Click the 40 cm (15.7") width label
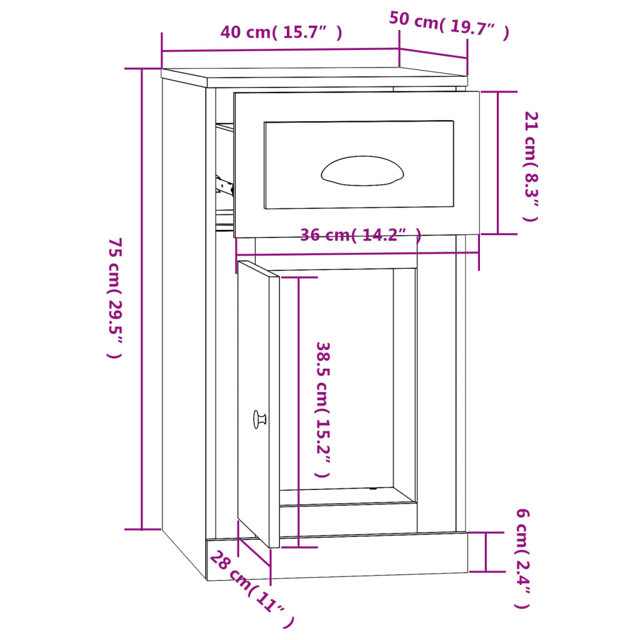(x=281, y=32)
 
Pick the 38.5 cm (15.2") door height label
(x=322, y=409)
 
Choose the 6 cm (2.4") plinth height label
(x=522, y=558)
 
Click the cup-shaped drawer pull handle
(x=362, y=171)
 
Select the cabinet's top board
(x=312, y=76)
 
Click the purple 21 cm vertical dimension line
(x=498, y=162)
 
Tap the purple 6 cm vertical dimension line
(x=486, y=552)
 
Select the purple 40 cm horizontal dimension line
(x=280, y=50)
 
